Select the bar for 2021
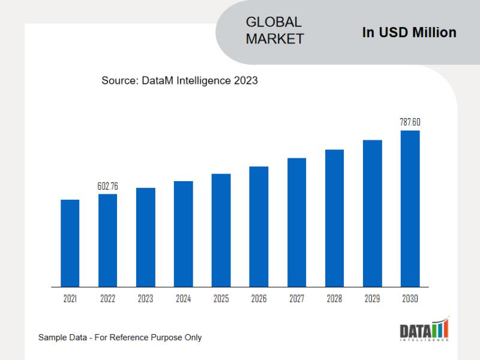coord(70,243)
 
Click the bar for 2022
coord(108,240)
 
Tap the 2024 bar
coord(184,234)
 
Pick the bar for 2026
coord(259,226)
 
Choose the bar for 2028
coord(334,218)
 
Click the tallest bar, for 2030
coord(410,208)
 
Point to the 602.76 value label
coord(108,187)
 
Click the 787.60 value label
coord(410,122)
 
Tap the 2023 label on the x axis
coord(146,299)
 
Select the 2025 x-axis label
coord(221,299)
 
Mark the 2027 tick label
coord(296,299)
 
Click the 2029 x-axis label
coord(372,299)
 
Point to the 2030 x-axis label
coord(410,299)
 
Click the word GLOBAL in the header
coord(274,22)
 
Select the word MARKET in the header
coord(275,39)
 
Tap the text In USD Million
coord(409,32)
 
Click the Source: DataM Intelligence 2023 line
coord(179,80)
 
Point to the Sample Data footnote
coord(120,337)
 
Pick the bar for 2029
coord(372,213)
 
